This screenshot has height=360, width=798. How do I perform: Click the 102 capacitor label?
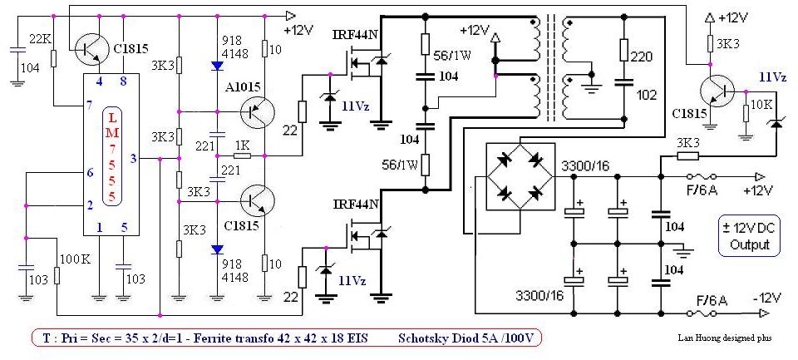646,95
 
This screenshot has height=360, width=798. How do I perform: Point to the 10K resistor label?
760,105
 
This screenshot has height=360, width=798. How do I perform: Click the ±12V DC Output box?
750,234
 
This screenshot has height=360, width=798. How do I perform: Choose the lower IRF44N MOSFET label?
356,203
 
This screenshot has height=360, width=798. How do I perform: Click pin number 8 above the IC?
122,81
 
